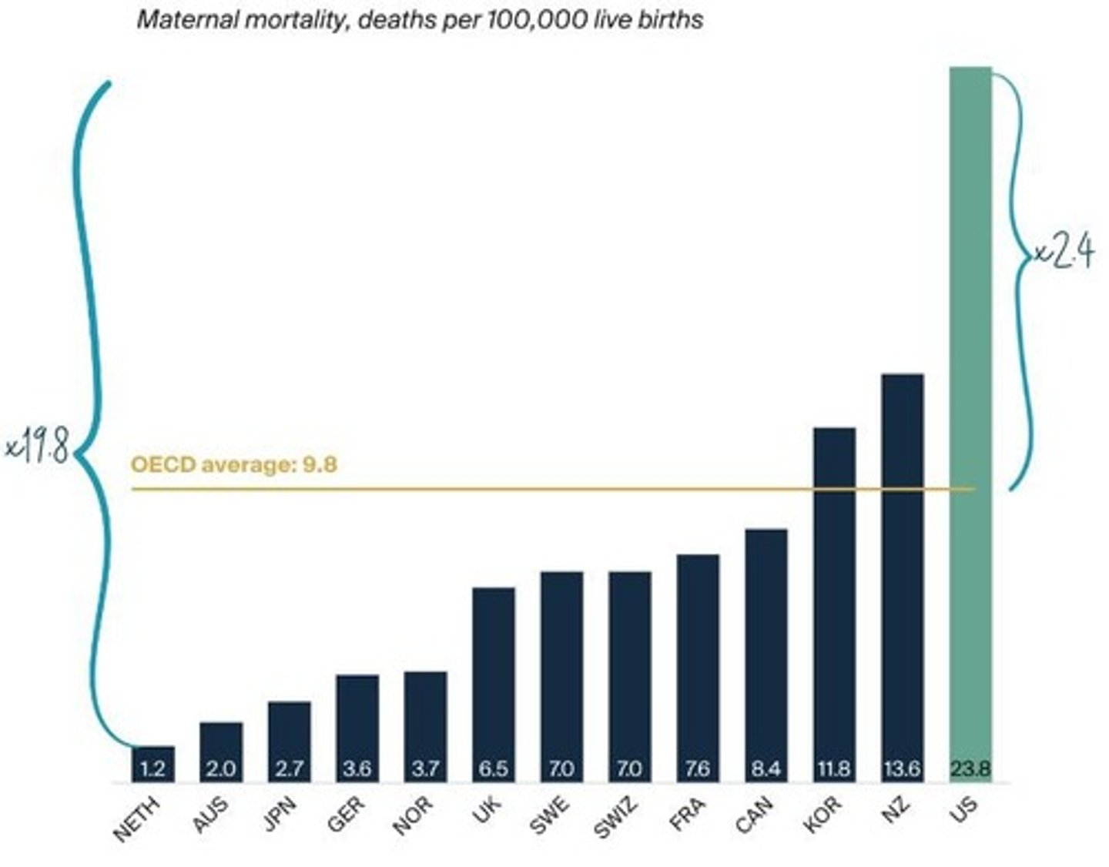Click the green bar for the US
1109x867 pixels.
pyautogui.click(x=970, y=385)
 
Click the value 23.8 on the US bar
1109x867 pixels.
pyautogui.click(x=970, y=768)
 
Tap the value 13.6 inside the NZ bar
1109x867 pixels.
pyautogui.click(x=902, y=768)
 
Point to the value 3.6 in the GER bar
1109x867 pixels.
pyautogui.click(x=357, y=768)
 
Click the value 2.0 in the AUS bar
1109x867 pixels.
pyautogui.click(x=221, y=768)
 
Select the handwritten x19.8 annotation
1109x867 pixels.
pyautogui.click(x=37, y=447)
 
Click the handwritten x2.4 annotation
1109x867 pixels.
pyautogui.click(x=1063, y=252)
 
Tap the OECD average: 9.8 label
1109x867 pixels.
pyautogui.click(x=234, y=464)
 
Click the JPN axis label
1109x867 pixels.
pyautogui.click(x=281, y=815)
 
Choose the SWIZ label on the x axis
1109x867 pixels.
pyautogui.click(x=617, y=818)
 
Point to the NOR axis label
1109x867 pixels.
pyautogui.click(x=414, y=816)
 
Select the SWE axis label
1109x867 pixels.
pyautogui.click(x=551, y=816)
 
